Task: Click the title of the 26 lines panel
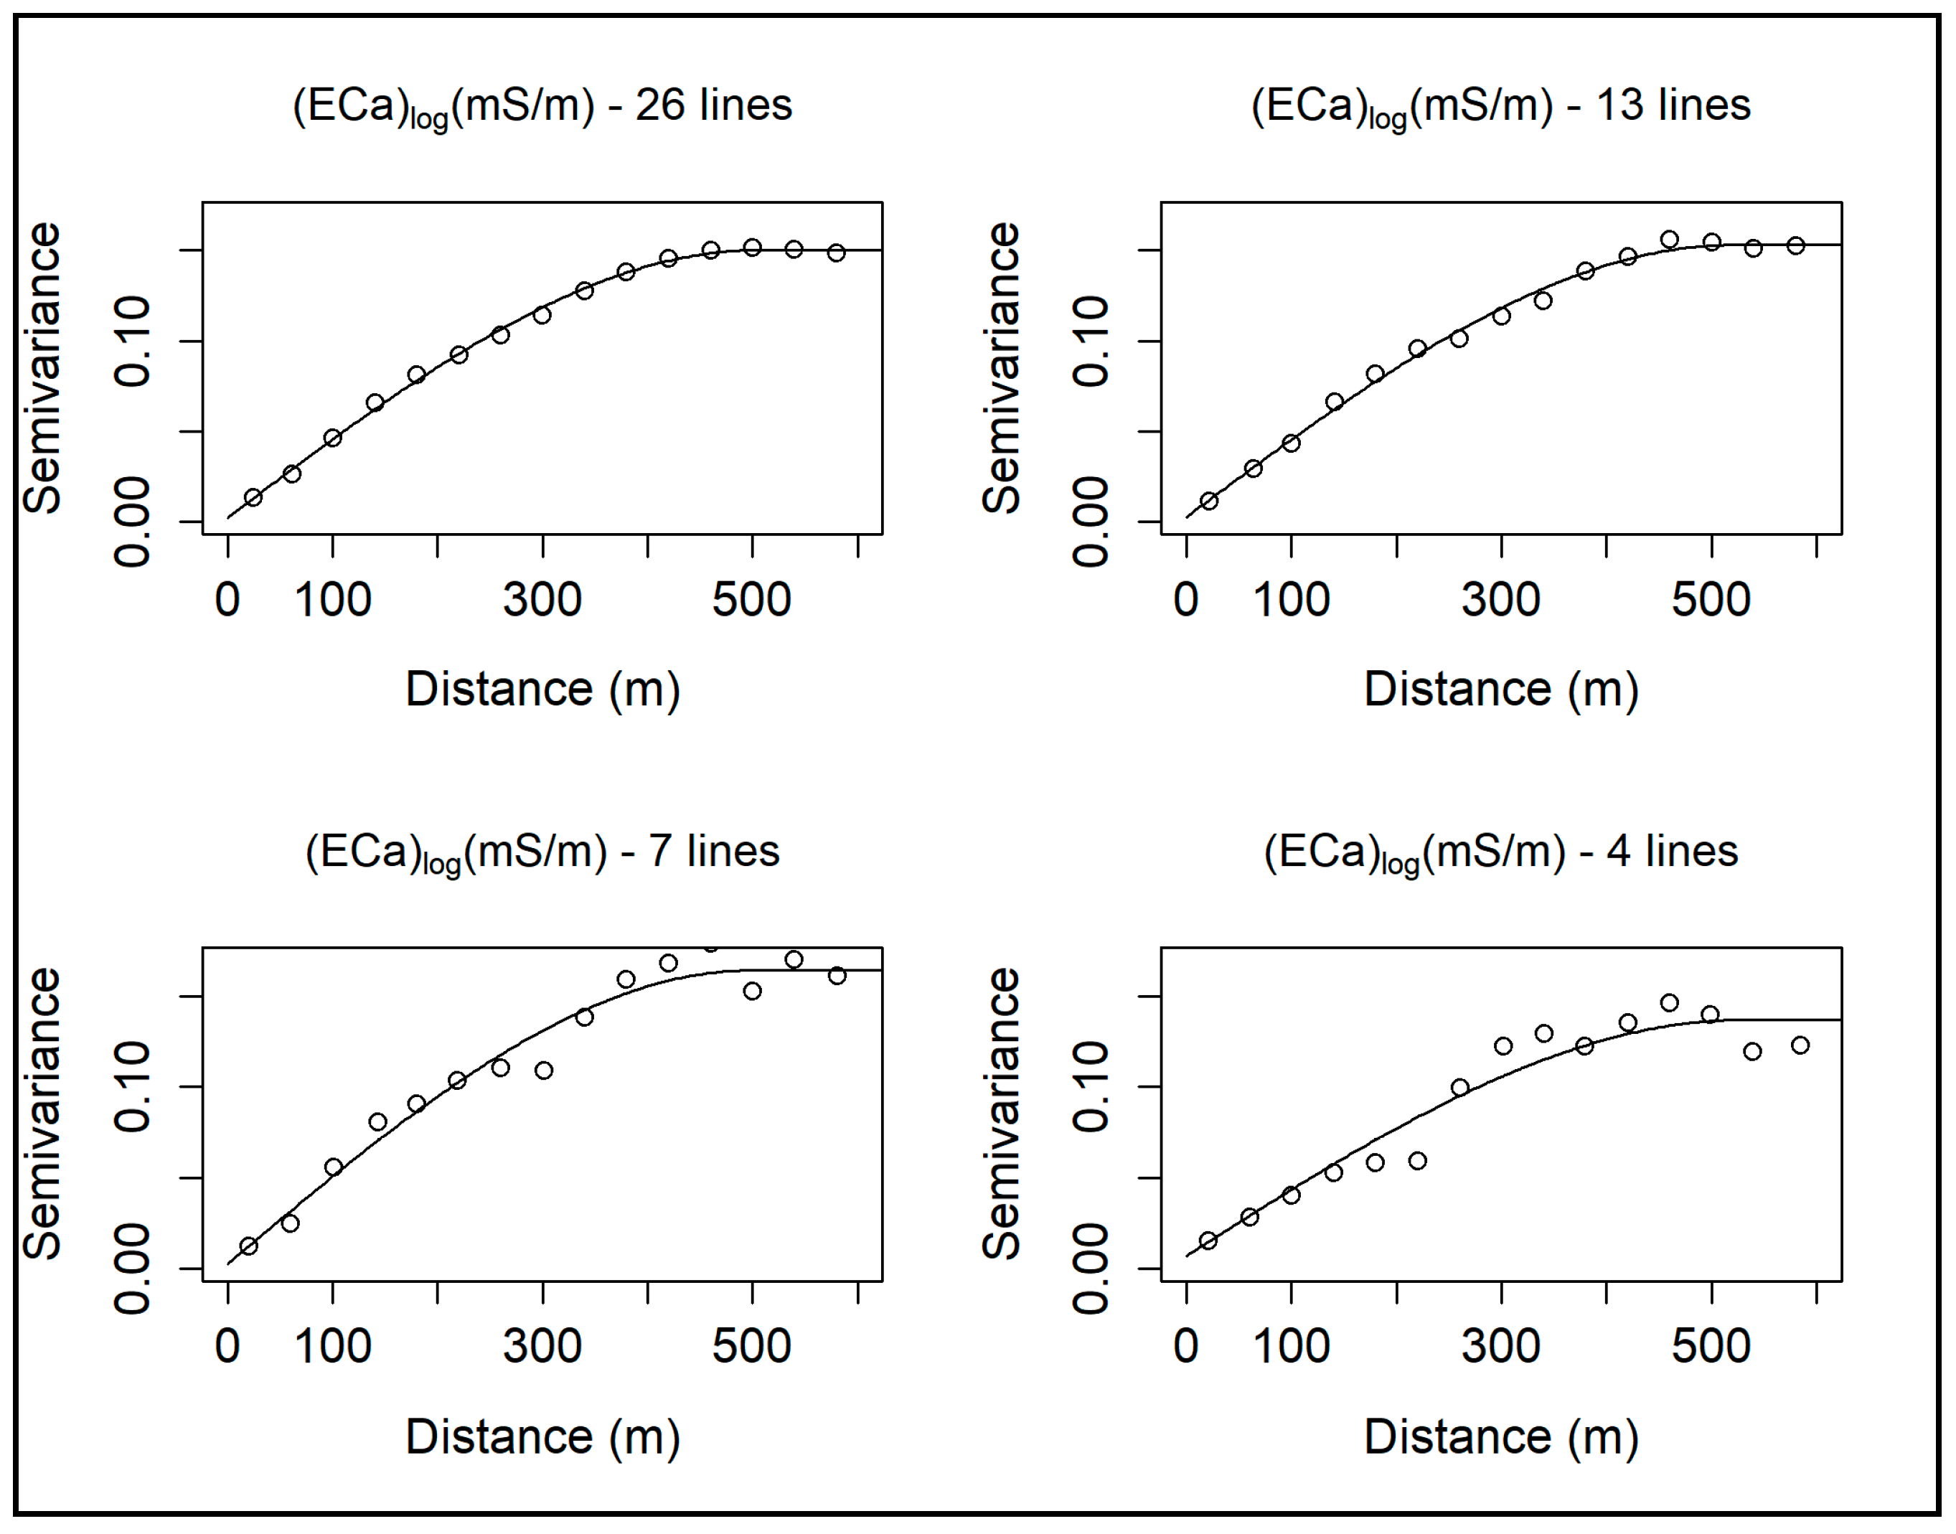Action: click(542, 106)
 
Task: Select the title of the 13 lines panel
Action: click(1500, 106)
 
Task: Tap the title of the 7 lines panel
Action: click(542, 852)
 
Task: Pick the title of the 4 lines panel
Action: click(1500, 852)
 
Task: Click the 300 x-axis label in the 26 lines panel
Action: click(542, 599)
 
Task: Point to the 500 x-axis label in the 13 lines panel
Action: click(1710, 599)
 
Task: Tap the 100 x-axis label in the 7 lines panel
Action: click(332, 1346)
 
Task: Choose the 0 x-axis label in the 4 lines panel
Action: click(1185, 1346)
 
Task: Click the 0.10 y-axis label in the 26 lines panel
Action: click(133, 342)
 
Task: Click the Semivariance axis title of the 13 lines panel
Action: click(1002, 367)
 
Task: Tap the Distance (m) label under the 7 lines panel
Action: click(542, 1436)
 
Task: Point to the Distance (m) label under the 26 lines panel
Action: click(542, 689)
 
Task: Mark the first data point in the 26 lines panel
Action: click(253, 497)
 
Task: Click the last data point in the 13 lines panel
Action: click(1795, 245)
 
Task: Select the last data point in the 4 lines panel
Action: click(1800, 1045)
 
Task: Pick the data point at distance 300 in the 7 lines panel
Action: click(543, 1070)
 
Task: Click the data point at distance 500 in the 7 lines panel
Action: click(753, 991)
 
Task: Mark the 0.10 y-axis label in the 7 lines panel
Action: click(133, 1088)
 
